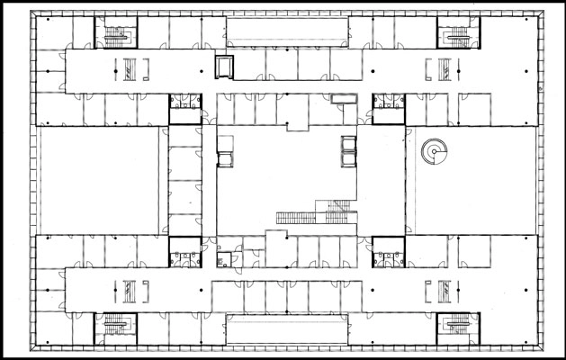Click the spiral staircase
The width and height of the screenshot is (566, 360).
pyautogui.click(x=434, y=152)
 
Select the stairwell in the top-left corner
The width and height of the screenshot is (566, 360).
pyautogui.click(x=115, y=34)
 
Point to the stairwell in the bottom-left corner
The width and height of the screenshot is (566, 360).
pyautogui.click(x=115, y=327)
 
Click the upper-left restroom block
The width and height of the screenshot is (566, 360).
pyautogui.click(x=184, y=108)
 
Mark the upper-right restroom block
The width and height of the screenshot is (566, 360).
pyautogui.click(x=387, y=108)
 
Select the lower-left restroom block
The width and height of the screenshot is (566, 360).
pyautogui.click(x=184, y=252)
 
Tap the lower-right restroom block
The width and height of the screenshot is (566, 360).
pyautogui.click(x=387, y=252)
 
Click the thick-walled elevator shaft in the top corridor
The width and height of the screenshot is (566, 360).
pyautogui.click(x=223, y=67)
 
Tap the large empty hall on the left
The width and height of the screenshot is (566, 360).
pyautogui.click(x=99, y=180)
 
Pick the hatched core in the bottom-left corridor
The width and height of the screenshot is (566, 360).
pyautogui.click(x=131, y=291)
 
